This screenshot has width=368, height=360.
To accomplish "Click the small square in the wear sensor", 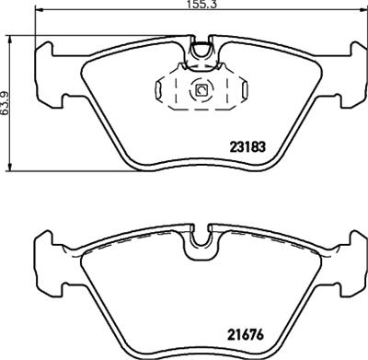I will tap(201, 89).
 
